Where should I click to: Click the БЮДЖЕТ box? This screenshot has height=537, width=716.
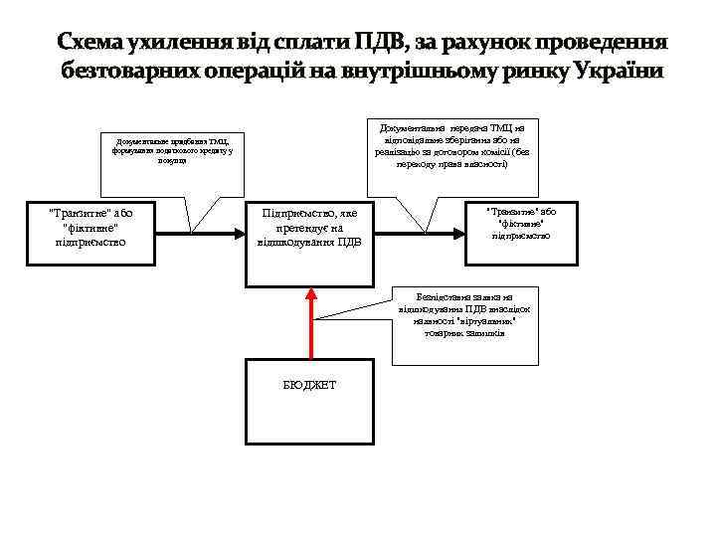point(311,385)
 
